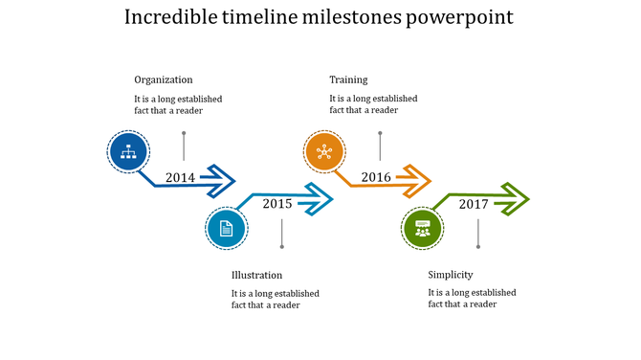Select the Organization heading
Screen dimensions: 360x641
coord(163,79)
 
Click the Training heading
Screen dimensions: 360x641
coord(348,79)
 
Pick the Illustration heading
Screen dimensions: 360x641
coord(256,275)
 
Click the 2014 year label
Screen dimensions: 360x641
coord(180,177)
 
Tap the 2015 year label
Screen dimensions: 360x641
coord(277,203)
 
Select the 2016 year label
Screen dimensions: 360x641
coord(376,177)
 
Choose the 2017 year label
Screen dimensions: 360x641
coord(474,203)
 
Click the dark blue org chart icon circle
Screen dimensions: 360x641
coord(127,152)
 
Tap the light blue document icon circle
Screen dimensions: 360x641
coord(227,229)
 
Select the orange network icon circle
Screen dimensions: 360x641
coord(324,152)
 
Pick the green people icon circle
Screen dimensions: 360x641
coord(422,229)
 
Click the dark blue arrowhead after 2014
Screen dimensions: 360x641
coord(220,178)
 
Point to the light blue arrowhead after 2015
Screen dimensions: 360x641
coord(318,200)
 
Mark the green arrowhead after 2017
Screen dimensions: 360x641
coord(514,200)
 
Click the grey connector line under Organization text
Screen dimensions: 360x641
coord(184,146)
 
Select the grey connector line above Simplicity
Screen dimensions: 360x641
coord(477,234)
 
